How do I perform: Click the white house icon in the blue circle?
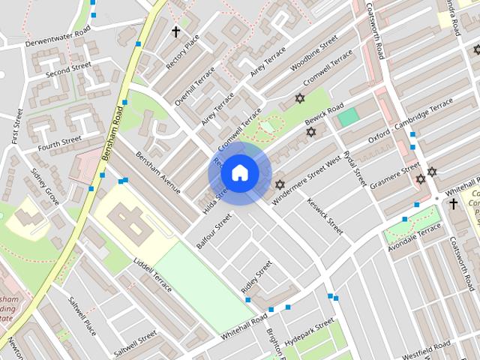[x=239, y=173]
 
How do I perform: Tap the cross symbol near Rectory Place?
[x=176, y=31]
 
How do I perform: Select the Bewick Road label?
[x=325, y=115]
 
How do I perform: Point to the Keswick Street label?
[x=325, y=216]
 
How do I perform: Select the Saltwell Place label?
[x=82, y=317]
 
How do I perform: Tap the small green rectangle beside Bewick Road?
[x=348, y=116]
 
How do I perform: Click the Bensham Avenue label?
[x=158, y=172]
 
